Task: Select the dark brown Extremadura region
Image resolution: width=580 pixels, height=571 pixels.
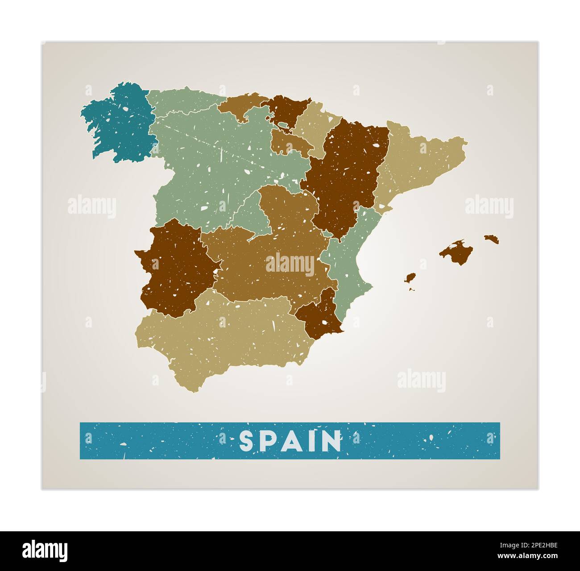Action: [176, 268]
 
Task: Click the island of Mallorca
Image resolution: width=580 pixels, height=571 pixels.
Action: [455, 252]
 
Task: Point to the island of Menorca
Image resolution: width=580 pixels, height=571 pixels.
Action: [491, 239]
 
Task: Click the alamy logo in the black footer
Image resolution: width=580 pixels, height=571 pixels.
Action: [45, 550]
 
